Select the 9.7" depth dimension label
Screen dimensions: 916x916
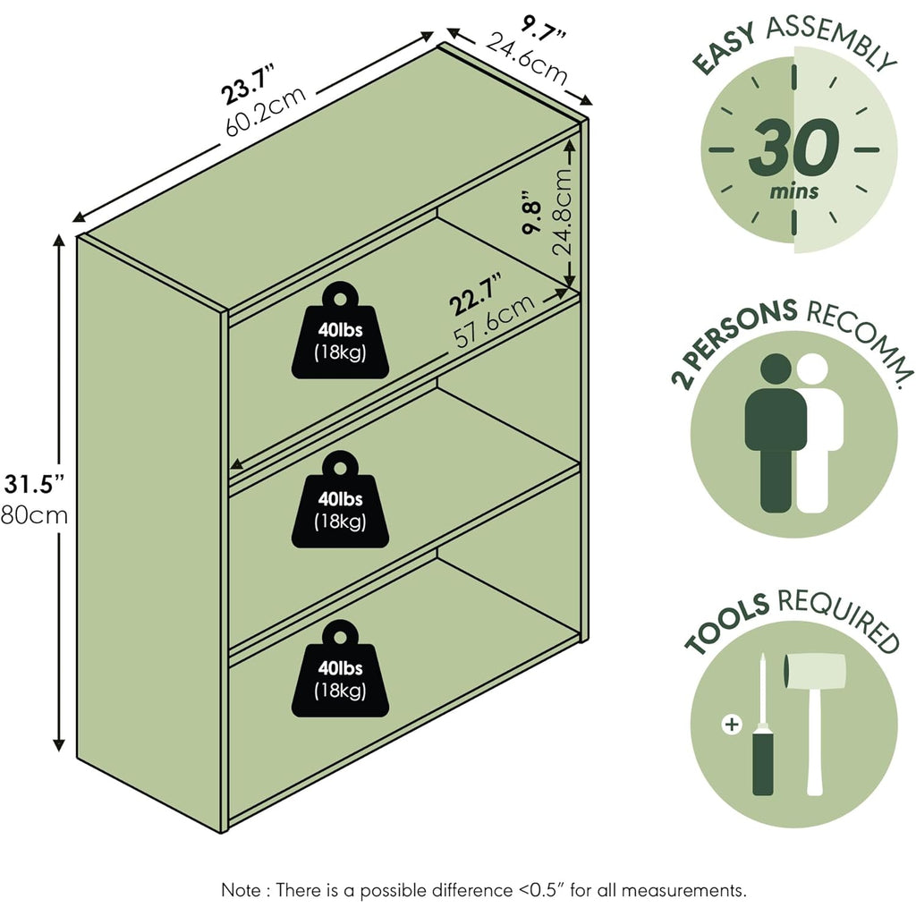[543, 26]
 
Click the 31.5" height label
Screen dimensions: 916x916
[34, 484]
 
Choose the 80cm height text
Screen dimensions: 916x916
[34, 516]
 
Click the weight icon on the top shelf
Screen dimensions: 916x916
[340, 331]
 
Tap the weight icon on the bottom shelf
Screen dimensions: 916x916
[340, 669]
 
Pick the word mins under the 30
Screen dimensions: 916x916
[794, 191]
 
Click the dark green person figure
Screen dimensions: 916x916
[776, 433]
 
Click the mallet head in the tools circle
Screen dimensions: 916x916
[814, 673]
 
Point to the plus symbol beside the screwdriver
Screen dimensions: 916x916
[732, 725]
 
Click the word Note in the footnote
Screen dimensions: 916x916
[242, 890]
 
